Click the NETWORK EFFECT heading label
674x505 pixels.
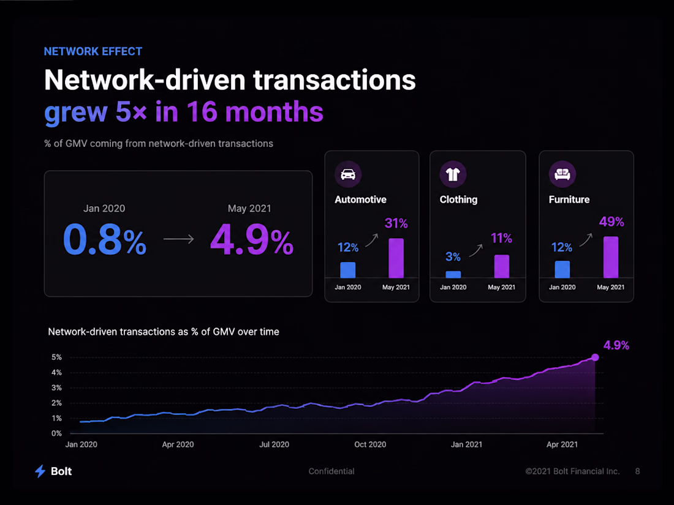93,51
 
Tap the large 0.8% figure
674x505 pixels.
104,239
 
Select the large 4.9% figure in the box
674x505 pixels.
251,239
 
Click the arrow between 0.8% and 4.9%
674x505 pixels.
178,239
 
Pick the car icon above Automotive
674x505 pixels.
348,174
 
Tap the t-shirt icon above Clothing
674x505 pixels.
453,174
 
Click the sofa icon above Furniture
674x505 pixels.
562,174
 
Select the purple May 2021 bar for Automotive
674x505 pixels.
396,258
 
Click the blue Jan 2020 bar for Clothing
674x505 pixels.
453,274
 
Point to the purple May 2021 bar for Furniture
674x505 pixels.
611,257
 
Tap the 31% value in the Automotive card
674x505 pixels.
396,223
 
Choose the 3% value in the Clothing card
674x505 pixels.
453,257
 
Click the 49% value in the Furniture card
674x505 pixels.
612,222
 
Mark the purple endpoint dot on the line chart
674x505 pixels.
595,357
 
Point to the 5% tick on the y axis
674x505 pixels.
57,357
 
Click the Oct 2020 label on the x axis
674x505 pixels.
370,444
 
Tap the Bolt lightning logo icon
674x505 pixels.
40,471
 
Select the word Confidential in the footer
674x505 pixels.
331,471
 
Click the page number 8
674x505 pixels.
637,471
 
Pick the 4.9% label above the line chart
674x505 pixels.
616,345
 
